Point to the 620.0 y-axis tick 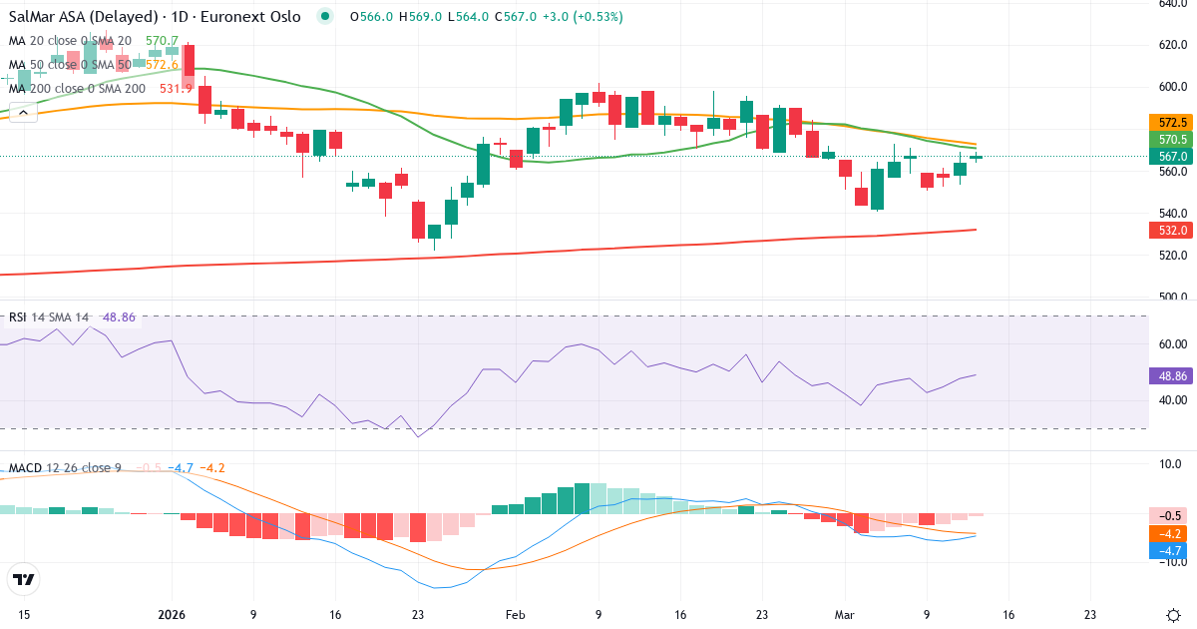pyautogui.click(x=1170, y=44)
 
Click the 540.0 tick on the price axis pyautogui.click(x=1170, y=213)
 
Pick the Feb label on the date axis pyautogui.click(x=515, y=615)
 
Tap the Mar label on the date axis pyautogui.click(x=845, y=615)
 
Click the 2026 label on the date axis pyautogui.click(x=172, y=615)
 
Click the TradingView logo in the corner pyautogui.click(x=23, y=579)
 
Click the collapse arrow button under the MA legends pyautogui.click(x=23, y=113)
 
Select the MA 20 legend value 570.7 pyautogui.click(x=162, y=41)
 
